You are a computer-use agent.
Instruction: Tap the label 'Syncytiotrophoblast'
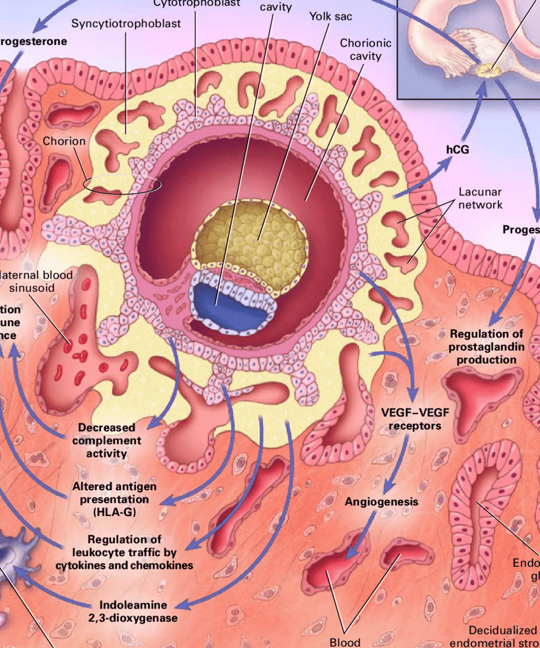[x=126, y=23]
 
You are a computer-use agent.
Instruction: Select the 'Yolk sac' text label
[x=330, y=16]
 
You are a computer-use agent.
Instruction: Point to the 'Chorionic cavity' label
[x=365, y=50]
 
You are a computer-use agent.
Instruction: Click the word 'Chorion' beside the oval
[x=64, y=141]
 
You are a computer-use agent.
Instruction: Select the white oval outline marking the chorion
[x=122, y=185]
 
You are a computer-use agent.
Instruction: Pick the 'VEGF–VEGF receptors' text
[x=414, y=419]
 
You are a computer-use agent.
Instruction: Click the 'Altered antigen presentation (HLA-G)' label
[x=114, y=498]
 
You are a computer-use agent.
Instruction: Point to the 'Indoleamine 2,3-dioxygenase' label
[x=138, y=611]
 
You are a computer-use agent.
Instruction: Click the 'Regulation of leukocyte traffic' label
[x=124, y=552]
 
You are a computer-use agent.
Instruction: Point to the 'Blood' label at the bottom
[x=345, y=642]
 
